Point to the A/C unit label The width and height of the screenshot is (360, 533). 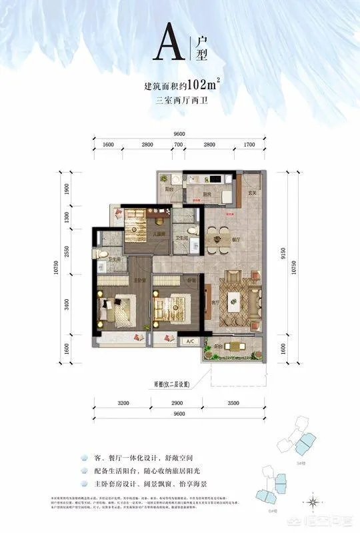pos(189,341)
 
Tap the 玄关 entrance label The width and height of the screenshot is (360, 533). pos(251,194)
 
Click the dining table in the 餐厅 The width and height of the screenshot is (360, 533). pos(217,238)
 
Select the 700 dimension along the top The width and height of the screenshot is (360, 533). pos(178,144)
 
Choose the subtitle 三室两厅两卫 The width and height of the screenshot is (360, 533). pos(180,101)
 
